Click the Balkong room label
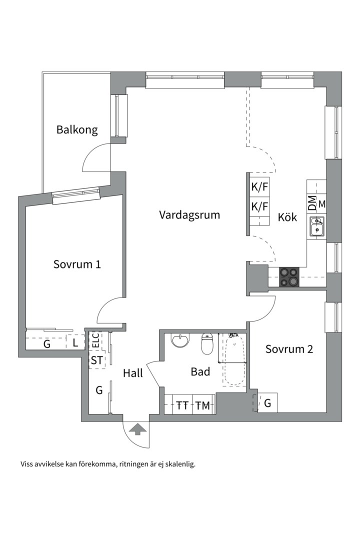pyautogui.click(x=76, y=130)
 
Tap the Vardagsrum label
pyautogui.click(x=189, y=215)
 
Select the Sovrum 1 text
pyautogui.click(x=77, y=264)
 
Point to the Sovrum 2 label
pyautogui.click(x=289, y=349)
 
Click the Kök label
pyautogui.click(x=287, y=217)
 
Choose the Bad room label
pyautogui.click(x=200, y=372)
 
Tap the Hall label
pyautogui.click(x=133, y=373)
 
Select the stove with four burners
pyautogui.click(x=288, y=277)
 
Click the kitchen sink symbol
pyautogui.click(x=316, y=226)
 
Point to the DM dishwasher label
pyautogui.click(x=312, y=203)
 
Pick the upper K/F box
pyautogui.click(x=259, y=188)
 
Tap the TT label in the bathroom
pyautogui.click(x=182, y=405)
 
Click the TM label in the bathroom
pyautogui.click(x=202, y=405)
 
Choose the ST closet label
pyautogui.click(x=96, y=360)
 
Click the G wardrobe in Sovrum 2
pyautogui.click(x=267, y=403)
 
